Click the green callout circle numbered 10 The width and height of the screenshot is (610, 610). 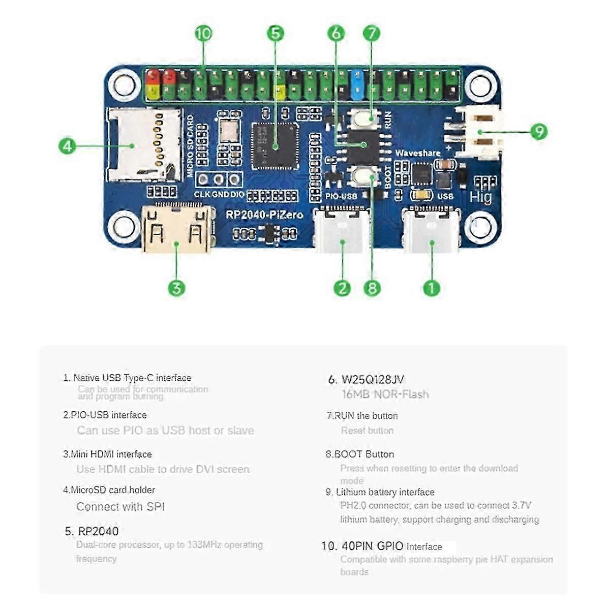click(x=203, y=34)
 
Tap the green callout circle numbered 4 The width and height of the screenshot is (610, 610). click(x=68, y=146)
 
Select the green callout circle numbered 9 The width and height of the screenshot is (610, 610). click(x=539, y=132)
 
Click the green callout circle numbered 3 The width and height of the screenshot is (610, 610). click(x=176, y=288)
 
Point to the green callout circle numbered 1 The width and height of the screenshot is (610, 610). click(x=432, y=288)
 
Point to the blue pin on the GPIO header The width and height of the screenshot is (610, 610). click(x=357, y=84)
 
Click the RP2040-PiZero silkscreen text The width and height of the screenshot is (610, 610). click(x=264, y=215)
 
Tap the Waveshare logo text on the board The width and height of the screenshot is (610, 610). click(x=418, y=153)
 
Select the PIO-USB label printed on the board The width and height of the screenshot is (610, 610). click(x=341, y=196)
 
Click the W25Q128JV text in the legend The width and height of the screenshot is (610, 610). click(x=373, y=379)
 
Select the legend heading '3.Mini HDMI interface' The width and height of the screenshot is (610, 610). click(x=107, y=454)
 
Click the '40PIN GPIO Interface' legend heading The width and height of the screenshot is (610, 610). click(x=391, y=546)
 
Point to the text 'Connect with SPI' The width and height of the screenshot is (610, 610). click(x=120, y=507)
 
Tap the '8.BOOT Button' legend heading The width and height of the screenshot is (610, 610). click(x=360, y=454)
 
